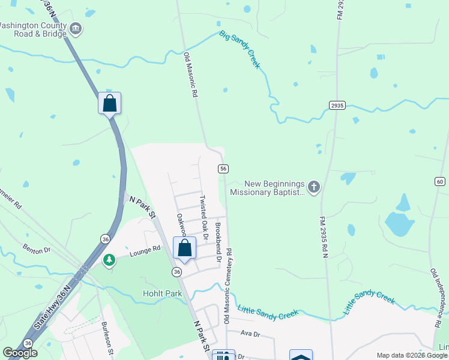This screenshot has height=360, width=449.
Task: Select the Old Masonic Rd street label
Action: coord(191,76)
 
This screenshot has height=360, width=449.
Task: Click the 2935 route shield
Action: coord(337,105)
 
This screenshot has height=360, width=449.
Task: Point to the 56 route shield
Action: coord(223,169)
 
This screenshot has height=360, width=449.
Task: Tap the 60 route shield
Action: coord(441,181)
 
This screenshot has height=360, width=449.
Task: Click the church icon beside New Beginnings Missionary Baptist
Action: coord(314,187)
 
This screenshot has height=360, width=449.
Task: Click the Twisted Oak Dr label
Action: coord(204,217)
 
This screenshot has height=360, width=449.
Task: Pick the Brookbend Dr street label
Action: coord(218,242)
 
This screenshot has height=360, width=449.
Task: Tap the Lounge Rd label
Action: coord(144,251)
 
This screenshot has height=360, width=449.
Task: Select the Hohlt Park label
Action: coord(162,293)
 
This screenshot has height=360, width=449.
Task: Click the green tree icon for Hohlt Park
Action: coord(109,260)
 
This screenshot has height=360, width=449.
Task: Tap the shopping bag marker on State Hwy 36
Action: coord(109,103)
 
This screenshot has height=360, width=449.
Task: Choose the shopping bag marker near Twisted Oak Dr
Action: coord(184,248)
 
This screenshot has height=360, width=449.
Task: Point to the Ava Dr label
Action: coord(250,334)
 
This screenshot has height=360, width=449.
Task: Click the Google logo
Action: coord(20,353)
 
